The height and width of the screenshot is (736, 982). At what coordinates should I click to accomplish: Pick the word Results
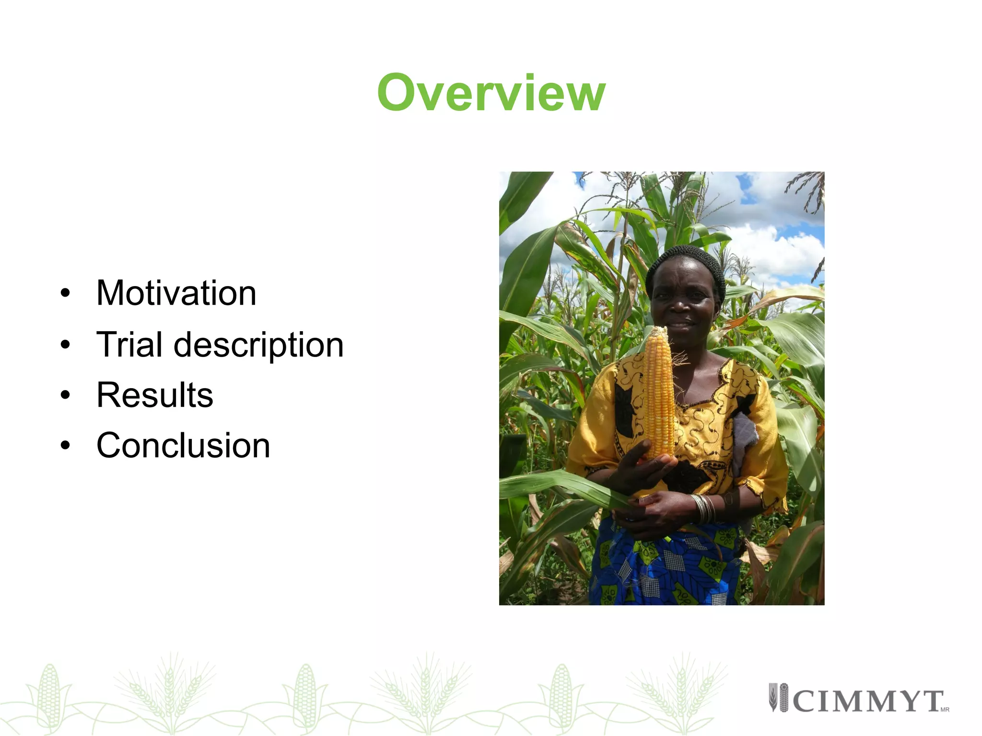(x=154, y=395)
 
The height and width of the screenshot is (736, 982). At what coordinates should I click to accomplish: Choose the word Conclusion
(x=183, y=445)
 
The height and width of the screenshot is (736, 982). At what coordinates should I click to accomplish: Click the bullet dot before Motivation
(x=66, y=293)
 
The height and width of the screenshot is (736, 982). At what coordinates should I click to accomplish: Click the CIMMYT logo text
(x=868, y=701)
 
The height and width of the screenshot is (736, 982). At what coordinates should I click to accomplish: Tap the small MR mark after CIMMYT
(x=945, y=710)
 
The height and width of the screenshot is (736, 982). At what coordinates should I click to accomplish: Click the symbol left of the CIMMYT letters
(x=778, y=698)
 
